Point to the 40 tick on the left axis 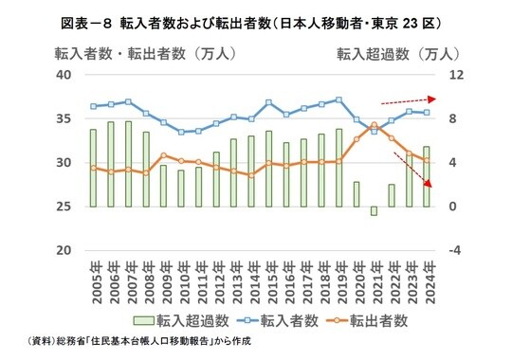(x=64, y=75)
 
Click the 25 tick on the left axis (x=64, y=207)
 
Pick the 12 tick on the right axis (x=454, y=75)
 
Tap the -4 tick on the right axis (x=453, y=251)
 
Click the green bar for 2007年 (x=128, y=164)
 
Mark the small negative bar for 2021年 (x=374, y=210)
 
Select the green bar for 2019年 (x=338, y=168)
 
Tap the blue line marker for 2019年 (x=338, y=99)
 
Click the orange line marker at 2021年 (x=374, y=124)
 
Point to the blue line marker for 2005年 (x=93, y=106)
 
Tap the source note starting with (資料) (x=134, y=342)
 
